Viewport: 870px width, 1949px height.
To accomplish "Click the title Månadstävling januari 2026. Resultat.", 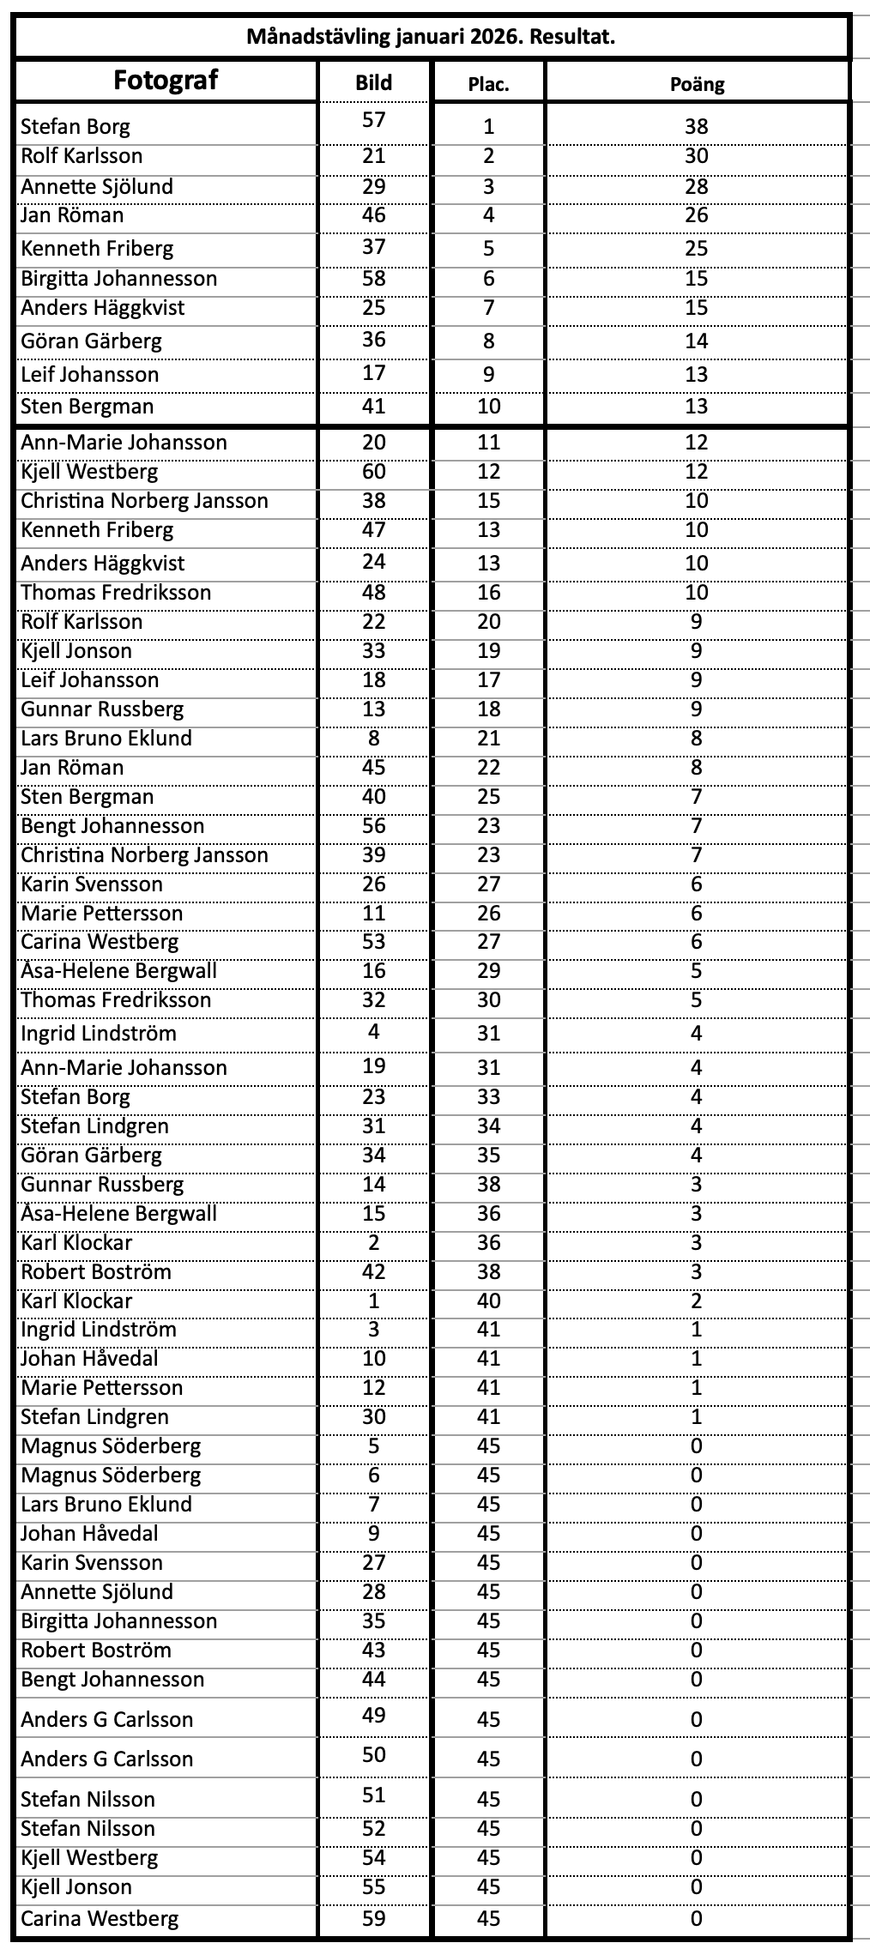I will pyautogui.click(x=431, y=37).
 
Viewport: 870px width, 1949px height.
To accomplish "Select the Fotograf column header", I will pyautogui.click(x=166, y=81).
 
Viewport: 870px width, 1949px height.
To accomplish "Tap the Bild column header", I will pyautogui.click(x=373, y=83).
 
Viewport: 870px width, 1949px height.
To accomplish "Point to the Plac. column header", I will pyautogui.click(x=488, y=84).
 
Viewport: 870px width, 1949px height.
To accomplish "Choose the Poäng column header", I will pyautogui.click(x=697, y=84).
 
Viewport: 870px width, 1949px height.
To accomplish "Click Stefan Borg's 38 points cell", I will pyautogui.click(x=697, y=127).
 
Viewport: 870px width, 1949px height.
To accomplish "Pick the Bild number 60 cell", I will pyautogui.click(x=374, y=472).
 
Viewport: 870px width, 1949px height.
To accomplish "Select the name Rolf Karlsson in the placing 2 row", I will pyautogui.click(x=82, y=156).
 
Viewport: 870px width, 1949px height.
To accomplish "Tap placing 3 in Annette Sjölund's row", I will pyautogui.click(x=488, y=187).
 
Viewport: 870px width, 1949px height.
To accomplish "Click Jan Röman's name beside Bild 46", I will pyautogui.click(x=72, y=215).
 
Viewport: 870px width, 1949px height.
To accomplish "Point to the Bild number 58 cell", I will pyautogui.click(x=374, y=279).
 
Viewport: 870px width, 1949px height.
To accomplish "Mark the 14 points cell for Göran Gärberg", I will pyautogui.click(x=697, y=341).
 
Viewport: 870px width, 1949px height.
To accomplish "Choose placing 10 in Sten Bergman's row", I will pyautogui.click(x=488, y=407).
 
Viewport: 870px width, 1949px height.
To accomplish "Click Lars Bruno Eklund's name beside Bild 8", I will pyautogui.click(x=106, y=739).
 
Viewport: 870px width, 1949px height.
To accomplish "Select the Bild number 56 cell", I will pyautogui.click(x=374, y=826).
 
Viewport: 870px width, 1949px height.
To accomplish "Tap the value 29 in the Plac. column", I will pyautogui.click(x=488, y=971).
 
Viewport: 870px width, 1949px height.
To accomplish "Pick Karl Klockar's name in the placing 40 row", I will pyautogui.click(x=76, y=1301).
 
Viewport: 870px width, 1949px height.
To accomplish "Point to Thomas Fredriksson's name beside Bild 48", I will pyautogui.click(x=116, y=593).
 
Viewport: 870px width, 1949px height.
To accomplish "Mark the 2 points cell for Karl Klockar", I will pyautogui.click(x=697, y=1301).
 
